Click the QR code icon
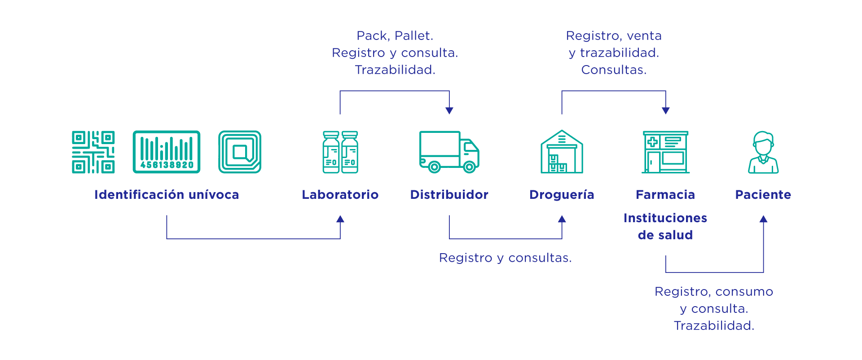coord(93,152)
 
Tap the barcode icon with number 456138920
coord(167,152)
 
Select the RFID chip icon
coord(240,152)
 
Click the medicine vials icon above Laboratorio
coord(340,152)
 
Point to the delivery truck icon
coord(449,152)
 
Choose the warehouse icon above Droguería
coord(562,152)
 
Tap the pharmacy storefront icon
coord(665,152)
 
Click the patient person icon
coord(763,152)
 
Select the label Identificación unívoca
coord(167,195)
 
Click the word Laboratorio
coord(340,195)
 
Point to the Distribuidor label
coord(449,195)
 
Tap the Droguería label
coord(562,195)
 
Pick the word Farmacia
coord(665,195)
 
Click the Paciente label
coord(763,195)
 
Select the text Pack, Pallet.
coord(395,36)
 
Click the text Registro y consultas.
coord(506,258)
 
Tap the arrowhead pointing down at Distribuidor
coord(449,111)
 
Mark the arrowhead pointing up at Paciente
coord(763,219)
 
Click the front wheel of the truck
coord(469,167)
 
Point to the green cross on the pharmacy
coord(652,142)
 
